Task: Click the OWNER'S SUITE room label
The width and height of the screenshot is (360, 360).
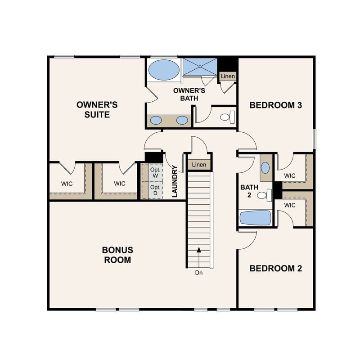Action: [97, 109]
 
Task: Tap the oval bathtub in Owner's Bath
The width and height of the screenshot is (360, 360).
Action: [163, 70]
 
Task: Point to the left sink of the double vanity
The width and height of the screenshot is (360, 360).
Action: [156, 120]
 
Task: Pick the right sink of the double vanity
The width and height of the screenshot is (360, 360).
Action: [182, 120]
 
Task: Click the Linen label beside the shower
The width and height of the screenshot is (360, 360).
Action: [228, 76]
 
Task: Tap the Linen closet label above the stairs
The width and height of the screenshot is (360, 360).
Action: [199, 165]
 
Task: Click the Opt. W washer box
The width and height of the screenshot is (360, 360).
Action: [155, 172]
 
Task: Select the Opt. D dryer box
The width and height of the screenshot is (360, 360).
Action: [155, 190]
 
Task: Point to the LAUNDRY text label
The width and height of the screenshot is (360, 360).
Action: [175, 182]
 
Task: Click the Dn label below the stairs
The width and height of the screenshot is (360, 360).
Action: [198, 273]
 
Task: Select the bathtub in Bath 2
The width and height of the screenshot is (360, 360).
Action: [255, 218]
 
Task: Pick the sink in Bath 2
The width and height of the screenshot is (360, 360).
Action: [265, 168]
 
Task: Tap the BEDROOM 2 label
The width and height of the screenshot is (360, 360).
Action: [275, 268]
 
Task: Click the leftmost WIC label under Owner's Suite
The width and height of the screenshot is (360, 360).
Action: [67, 184]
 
